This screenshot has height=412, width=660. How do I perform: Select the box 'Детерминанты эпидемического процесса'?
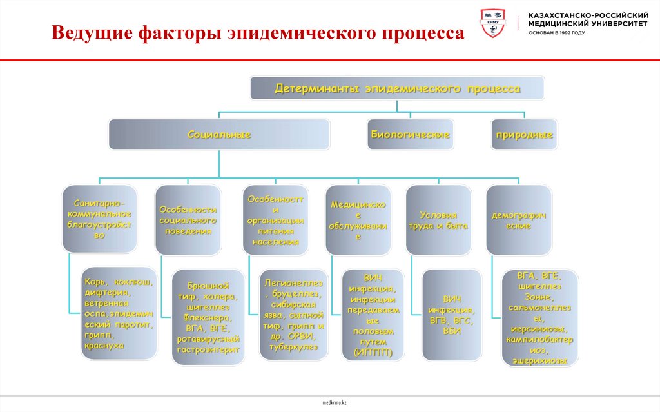tap(397, 88)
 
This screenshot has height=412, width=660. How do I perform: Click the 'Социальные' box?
tap(218, 135)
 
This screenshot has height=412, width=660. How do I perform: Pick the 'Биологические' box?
tap(409, 135)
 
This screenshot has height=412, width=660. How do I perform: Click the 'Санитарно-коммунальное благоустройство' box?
tap(99, 219)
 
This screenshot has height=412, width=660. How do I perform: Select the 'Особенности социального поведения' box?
tap(187, 220)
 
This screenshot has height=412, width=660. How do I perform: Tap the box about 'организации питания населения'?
tap(275, 220)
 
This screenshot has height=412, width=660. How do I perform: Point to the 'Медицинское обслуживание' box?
tap(358, 220)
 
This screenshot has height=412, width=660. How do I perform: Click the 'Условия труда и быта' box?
tap(438, 220)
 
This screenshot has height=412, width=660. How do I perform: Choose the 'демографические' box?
tap(518, 220)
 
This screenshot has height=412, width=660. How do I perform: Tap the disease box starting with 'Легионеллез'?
tap(293, 314)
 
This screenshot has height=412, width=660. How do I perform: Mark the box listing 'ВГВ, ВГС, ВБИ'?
tap(451, 314)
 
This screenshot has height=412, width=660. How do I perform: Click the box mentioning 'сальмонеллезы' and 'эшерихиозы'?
tap(539, 318)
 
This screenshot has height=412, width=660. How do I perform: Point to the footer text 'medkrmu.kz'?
tap(335, 402)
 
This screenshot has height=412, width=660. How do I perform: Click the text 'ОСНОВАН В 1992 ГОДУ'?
tap(557, 32)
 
